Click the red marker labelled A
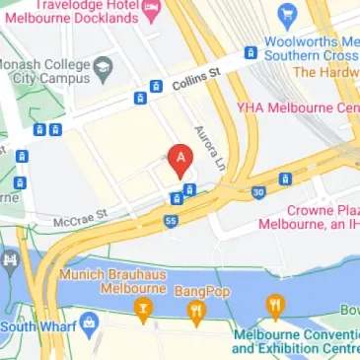179,159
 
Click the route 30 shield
257,191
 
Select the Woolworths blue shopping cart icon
287,15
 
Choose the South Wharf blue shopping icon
90,321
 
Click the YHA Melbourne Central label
296,107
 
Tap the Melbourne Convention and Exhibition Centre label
296,341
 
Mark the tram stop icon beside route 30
285,180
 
